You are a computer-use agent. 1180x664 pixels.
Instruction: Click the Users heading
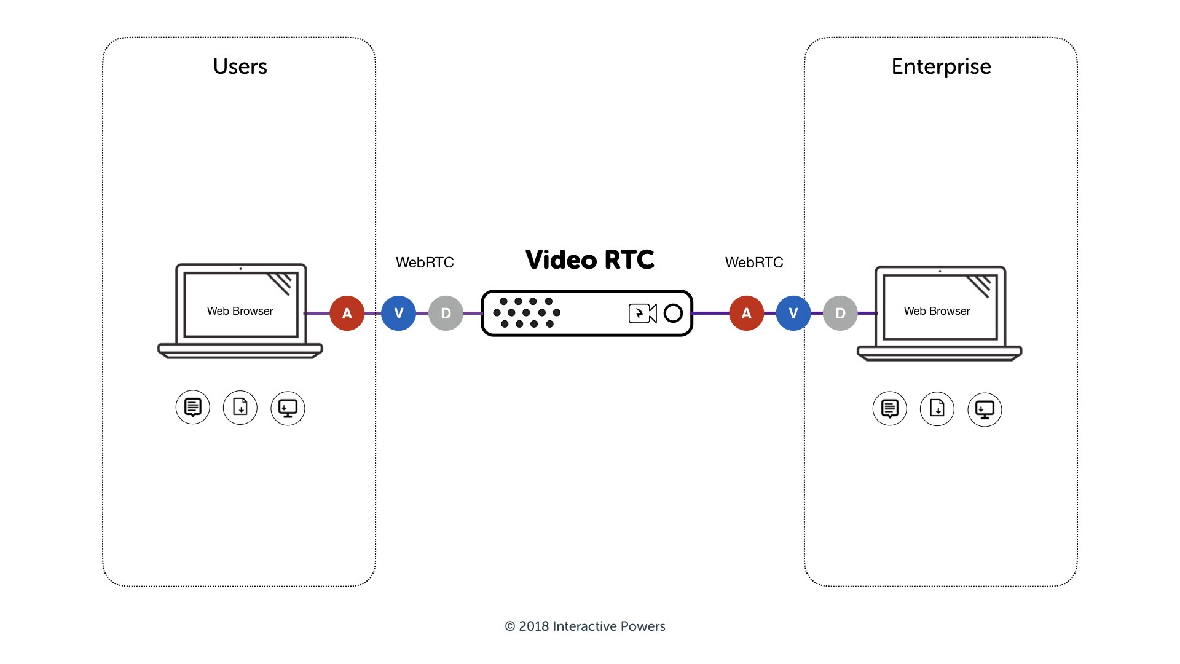coord(240,66)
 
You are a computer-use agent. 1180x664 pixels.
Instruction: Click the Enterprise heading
coord(941,66)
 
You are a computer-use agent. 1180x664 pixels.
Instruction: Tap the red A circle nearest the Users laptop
coord(347,313)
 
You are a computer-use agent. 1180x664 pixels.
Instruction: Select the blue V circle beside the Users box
coord(398,313)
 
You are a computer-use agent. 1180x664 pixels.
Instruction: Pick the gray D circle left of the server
coord(446,313)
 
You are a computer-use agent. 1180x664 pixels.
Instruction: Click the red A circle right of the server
coord(746,313)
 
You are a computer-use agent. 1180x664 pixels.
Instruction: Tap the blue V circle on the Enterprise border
coord(793,313)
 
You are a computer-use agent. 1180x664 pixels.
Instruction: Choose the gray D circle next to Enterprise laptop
coord(840,313)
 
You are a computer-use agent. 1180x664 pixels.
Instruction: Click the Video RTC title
coord(589,259)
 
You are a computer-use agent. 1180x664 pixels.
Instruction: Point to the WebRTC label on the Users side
coord(425,263)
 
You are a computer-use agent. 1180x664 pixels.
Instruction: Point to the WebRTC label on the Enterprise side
coord(754,263)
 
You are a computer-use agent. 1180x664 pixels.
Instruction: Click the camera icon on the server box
coord(642,314)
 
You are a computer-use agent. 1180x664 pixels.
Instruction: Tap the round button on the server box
coord(673,314)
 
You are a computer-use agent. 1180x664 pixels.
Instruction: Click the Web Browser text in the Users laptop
coord(240,311)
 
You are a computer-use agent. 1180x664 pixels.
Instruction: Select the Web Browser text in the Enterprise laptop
coord(937,311)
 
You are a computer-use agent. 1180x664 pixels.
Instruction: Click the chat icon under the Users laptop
coord(193,408)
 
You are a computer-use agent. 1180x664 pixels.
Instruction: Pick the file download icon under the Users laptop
coord(240,408)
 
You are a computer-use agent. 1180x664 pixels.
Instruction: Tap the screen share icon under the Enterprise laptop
coord(985,409)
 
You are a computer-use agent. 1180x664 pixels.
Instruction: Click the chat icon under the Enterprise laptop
coord(889,409)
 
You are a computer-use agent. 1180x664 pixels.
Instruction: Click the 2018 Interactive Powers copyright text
coord(585,626)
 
